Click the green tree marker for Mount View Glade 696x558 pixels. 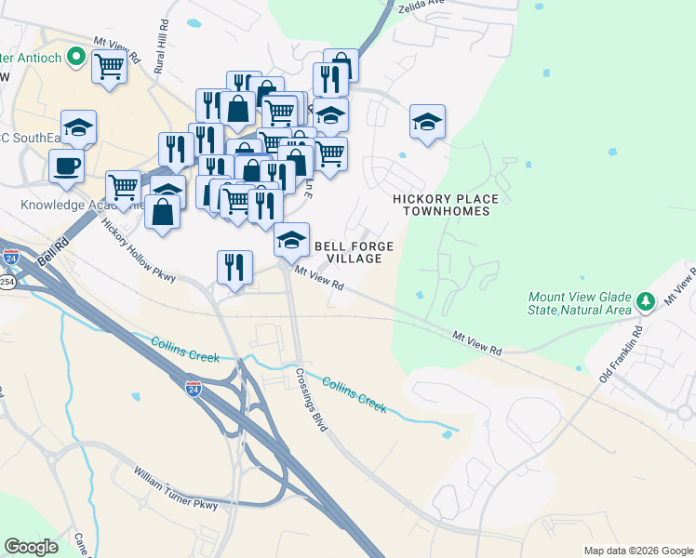(x=644, y=300)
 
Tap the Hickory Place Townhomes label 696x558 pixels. (x=445, y=205)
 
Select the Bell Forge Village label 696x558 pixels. (x=354, y=252)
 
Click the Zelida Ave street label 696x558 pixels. (x=422, y=4)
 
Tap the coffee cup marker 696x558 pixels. (x=66, y=167)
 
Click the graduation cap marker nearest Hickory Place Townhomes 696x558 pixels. (x=427, y=122)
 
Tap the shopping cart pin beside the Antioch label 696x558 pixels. (x=109, y=67)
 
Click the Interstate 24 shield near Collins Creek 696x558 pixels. (x=194, y=388)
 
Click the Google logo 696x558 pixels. (x=31, y=546)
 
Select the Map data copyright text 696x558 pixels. (x=637, y=551)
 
